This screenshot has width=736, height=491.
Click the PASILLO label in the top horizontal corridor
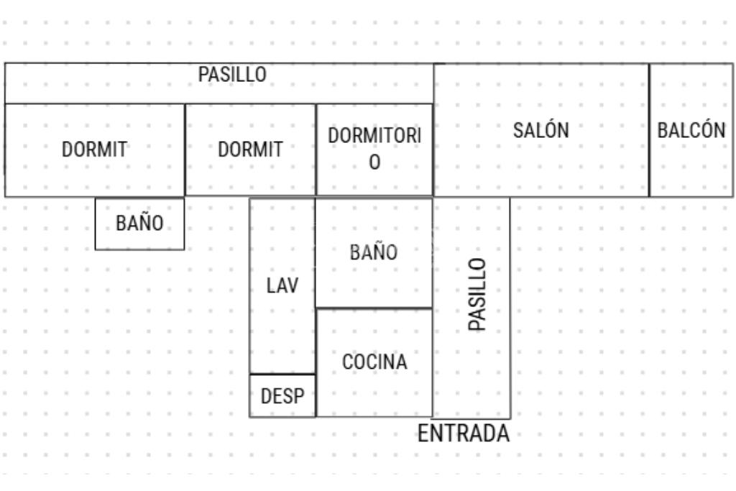tap(232, 74)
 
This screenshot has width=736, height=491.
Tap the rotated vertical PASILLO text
tap(477, 294)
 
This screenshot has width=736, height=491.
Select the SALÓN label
tap(540, 130)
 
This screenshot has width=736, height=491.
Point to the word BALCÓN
tap(691, 130)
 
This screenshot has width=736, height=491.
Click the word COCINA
tap(374, 362)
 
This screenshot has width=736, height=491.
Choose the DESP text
tap(282, 395)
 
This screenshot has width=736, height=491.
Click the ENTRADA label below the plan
tap(464, 433)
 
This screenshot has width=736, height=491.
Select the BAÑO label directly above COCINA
tap(374, 252)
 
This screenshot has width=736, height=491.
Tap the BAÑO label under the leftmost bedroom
tap(139, 224)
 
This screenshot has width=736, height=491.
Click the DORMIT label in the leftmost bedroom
tap(94, 150)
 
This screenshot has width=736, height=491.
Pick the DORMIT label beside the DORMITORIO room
tap(250, 150)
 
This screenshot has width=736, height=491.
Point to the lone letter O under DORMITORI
tap(374, 163)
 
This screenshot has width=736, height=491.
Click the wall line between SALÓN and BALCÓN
tap(649, 129)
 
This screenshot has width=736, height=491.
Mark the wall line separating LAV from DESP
tap(282, 374)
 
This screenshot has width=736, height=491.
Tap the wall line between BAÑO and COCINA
tap(374, 308)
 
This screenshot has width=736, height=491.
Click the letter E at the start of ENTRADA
tap(423, 433)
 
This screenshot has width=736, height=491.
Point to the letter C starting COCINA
tap(346, 362)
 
